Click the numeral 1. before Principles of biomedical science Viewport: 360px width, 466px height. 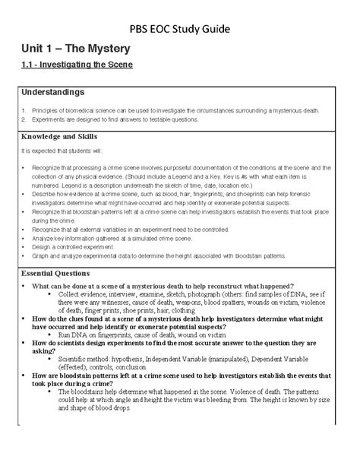click(25, 111)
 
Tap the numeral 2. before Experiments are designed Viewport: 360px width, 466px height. click(25, 119)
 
